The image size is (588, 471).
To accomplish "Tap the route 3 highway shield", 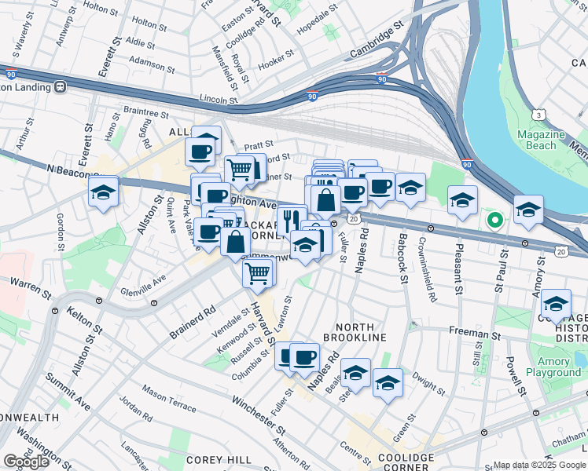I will point(538,115).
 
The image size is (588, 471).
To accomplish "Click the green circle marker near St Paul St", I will point(494,221).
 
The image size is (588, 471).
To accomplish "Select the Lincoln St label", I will point(219,100).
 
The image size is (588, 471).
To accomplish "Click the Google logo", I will point(26,462).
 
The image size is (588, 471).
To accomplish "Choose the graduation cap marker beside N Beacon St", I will point(103,192).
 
